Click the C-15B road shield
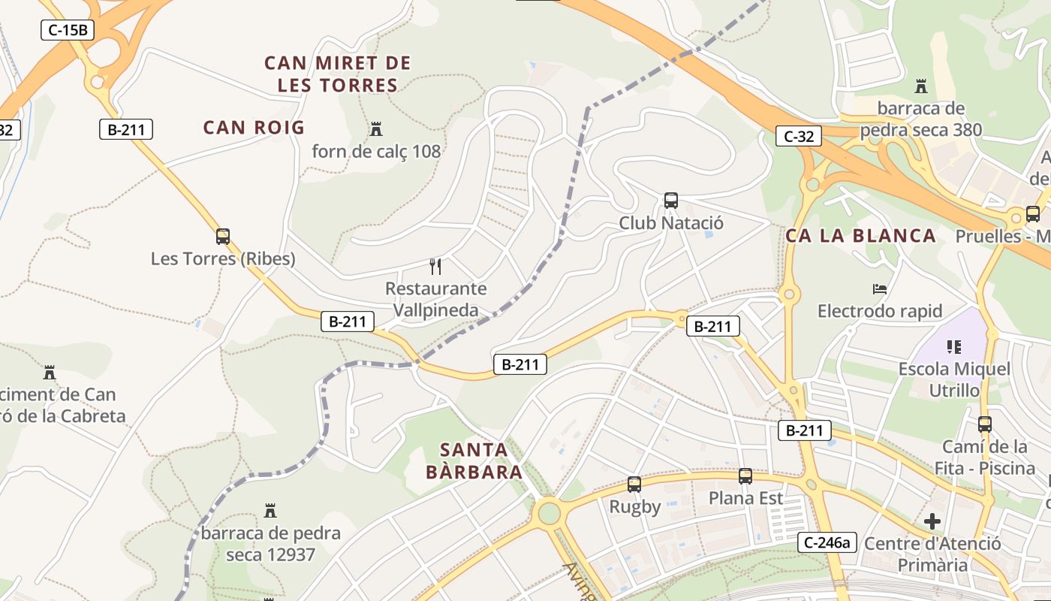[67, 30]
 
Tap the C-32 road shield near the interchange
[799, 136]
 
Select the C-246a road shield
[827, 542]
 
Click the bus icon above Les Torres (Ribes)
[223, 237]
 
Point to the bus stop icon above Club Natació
[671, 201]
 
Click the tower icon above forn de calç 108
[376, 128]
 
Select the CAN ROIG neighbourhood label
[254, 127]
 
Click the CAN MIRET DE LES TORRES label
[337, 74]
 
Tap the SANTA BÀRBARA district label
[474, 461]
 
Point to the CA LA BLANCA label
[861, 236]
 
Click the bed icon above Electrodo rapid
[880, 288]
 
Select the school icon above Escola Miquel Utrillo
[954, 346]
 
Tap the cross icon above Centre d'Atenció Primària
[932, 521]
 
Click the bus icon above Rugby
[634, 485]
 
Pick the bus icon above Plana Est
[745, 476]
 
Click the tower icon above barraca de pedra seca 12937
[270, 512]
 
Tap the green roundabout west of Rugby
[550, 513]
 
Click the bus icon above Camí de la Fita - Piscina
[985, 424]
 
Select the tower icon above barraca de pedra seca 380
[921, 86]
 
